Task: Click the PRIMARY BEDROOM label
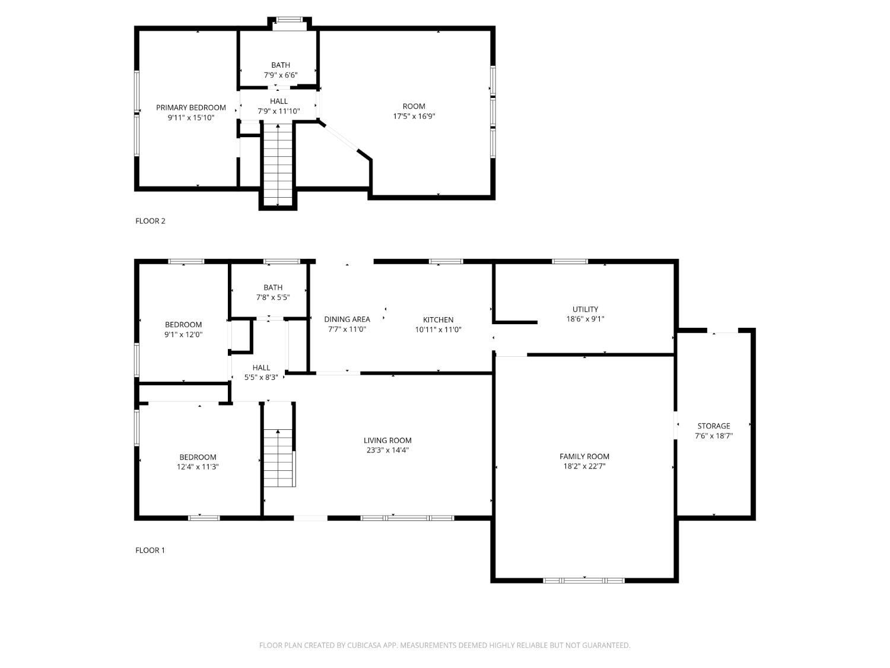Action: [190, 107]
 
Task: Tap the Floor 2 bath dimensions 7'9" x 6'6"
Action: [281, 75]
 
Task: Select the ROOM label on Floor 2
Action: [414, 106]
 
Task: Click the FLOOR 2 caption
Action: [150, 221]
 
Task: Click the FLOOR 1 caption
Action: [150, 550]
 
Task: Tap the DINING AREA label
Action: [347, 319]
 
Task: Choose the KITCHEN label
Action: [438, 319]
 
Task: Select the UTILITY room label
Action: [585, 309]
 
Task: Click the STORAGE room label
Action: [714, 426]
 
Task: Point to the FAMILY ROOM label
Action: [584, 456]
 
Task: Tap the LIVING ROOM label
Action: [387, 440]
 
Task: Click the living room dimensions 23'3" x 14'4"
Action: [387, 450]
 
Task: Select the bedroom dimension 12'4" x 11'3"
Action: [198, 467]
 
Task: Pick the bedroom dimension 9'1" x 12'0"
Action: [183, 335]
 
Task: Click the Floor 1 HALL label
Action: [261, 368]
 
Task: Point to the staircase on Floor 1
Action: [278, 457]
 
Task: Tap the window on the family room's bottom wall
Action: [583, 580]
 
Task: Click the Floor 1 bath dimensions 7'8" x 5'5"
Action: [273, 297]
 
